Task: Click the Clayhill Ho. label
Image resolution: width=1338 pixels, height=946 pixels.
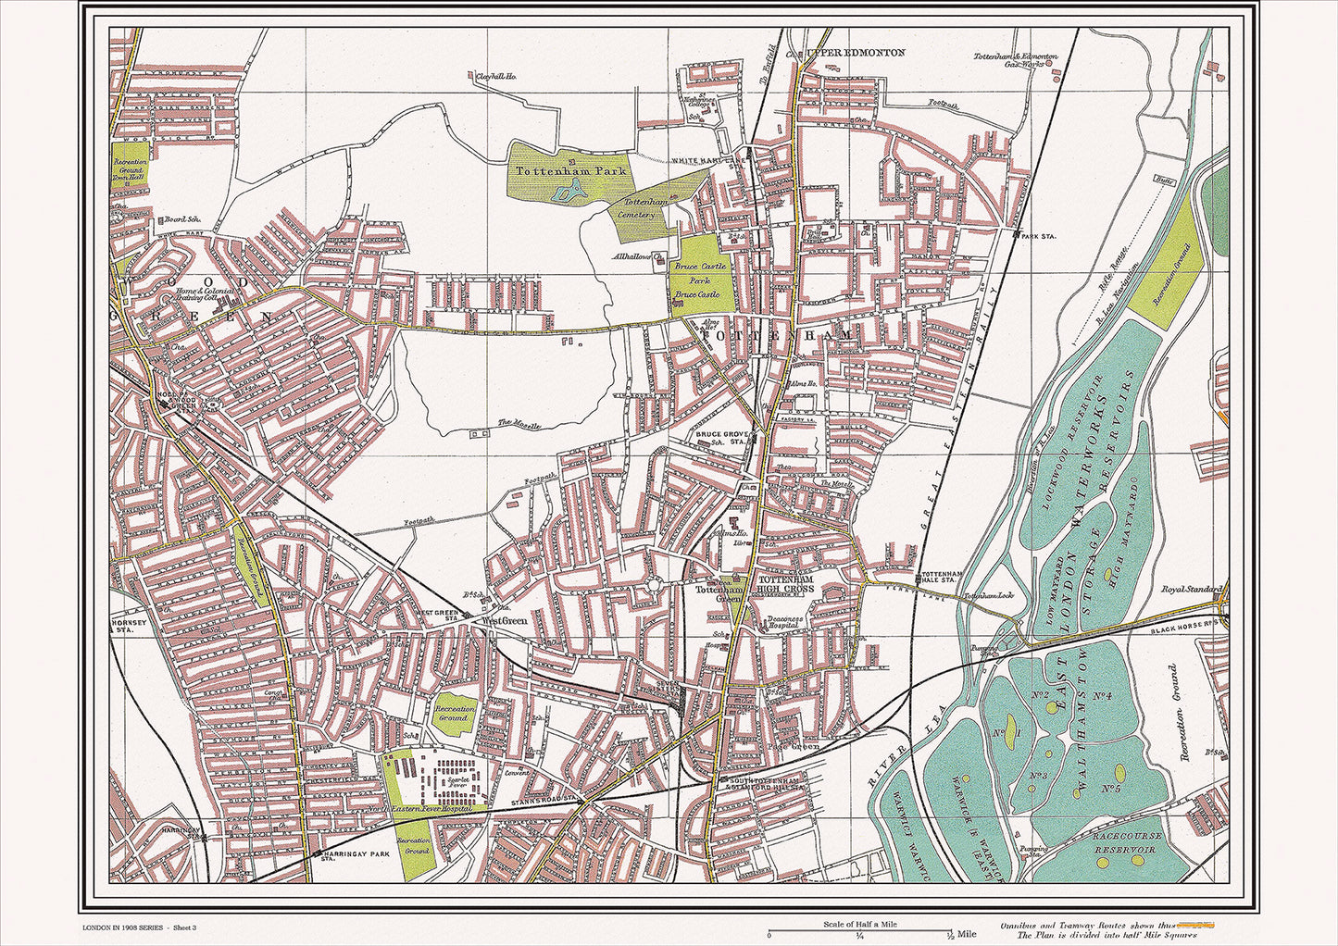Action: [495, 77]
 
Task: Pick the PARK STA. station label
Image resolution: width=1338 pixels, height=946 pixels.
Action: [1038, 236]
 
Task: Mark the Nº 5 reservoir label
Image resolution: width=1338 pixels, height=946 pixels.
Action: [1112, 789]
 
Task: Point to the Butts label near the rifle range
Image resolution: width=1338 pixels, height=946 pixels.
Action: [1164, 181]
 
